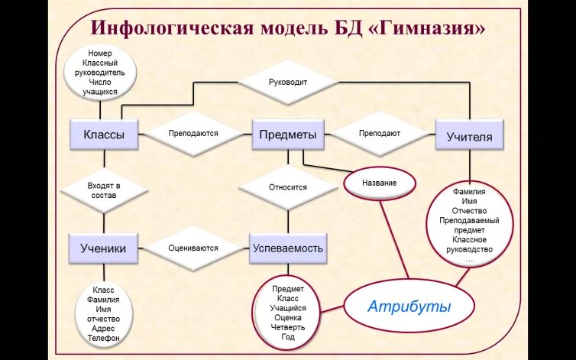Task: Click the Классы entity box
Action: [104, 135]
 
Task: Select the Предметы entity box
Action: [287, 135]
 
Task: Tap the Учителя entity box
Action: [469, 137]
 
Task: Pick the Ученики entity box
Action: [103, 248]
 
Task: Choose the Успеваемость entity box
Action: [287, 248]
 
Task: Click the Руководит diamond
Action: [288, 82]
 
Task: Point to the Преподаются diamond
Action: [193, 133]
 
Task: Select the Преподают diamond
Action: [380, 133]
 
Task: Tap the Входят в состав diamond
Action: [103, 190]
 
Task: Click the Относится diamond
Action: [287, 187]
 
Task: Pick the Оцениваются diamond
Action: [193, 248]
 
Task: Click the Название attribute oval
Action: [380, 183]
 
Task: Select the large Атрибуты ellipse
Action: [409, 306]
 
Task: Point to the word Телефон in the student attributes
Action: [103, 337]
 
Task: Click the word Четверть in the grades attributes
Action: [287, 327]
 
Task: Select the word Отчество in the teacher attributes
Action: [469, 210]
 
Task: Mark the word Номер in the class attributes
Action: [100, 54]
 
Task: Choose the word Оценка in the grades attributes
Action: [287, 317]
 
